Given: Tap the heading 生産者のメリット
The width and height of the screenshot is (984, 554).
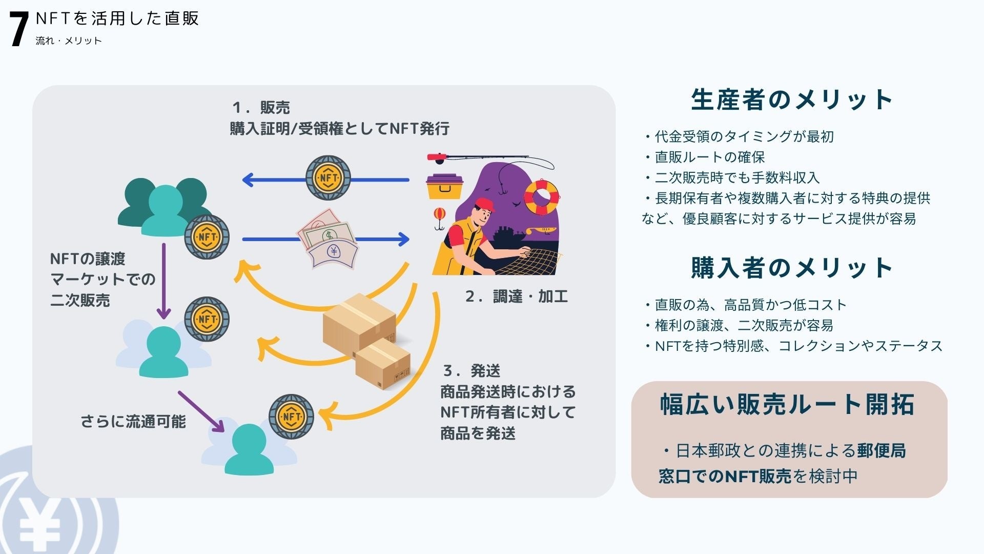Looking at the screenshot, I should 792,100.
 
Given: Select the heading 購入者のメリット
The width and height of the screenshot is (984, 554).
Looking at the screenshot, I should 792,268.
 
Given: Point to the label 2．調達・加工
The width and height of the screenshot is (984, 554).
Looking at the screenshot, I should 516,296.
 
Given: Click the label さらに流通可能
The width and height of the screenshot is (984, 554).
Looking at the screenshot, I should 133,422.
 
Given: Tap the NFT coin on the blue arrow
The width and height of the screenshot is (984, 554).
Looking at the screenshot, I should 328,178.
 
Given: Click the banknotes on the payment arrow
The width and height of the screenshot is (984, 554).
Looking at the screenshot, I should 328,239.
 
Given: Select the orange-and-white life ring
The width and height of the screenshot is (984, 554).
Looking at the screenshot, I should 542,197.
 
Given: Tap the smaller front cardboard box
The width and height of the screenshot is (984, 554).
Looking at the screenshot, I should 383,363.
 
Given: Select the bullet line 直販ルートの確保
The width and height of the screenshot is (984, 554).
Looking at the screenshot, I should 709,157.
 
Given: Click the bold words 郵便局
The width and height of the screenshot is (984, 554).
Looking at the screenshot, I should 881,451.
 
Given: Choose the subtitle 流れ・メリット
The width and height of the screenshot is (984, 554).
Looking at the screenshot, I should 69,41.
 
